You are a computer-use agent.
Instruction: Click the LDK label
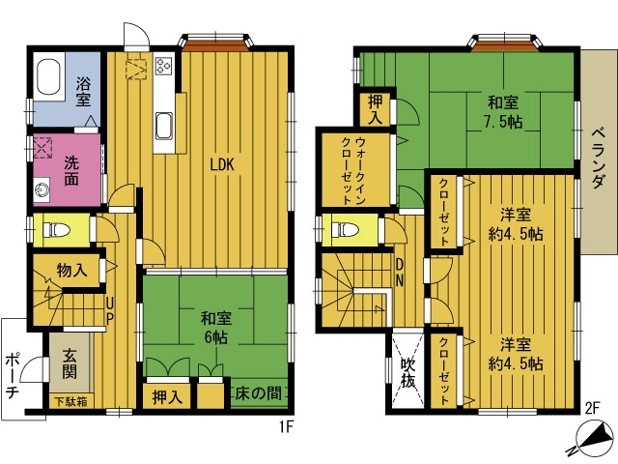[222, 164]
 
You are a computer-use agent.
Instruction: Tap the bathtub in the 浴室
[49, 76]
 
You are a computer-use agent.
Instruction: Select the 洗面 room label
[71, 170]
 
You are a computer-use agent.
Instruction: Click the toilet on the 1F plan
[56, 230]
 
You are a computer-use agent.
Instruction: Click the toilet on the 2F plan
[345, 230]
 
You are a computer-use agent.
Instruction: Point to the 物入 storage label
[71, 271]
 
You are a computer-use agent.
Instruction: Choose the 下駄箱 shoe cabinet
[71, 401]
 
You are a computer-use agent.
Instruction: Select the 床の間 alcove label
[258, 393]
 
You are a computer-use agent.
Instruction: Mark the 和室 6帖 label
[215, 328]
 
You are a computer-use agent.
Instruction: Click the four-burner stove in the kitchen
[163, 66]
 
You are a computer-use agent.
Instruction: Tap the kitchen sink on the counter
[164, 127]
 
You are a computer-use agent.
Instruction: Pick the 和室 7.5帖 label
[503, 112]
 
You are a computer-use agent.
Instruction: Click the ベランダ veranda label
[598, 158]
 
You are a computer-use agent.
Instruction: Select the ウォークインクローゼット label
[353, 170]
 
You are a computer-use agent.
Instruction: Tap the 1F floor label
[287, 426]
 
